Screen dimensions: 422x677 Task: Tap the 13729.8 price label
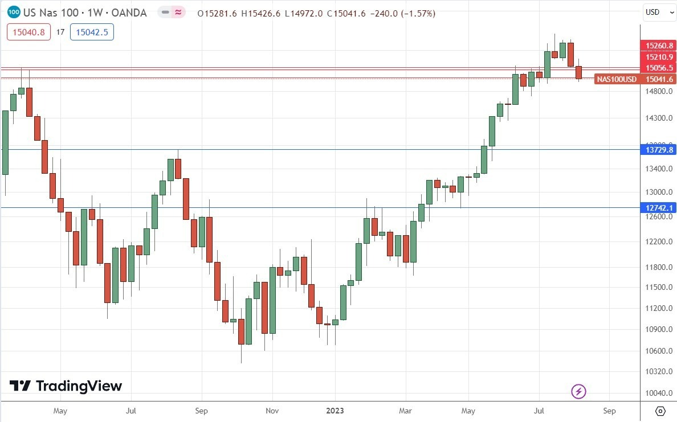tap(659, 150)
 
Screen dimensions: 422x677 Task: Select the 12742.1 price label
tap(659, 208)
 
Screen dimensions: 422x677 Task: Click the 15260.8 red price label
tap(659, 46)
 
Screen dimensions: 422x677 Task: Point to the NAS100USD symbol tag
tap(617, 79)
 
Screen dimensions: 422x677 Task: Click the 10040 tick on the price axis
tap(658, 393)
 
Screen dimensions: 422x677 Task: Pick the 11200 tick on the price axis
tap(658, 308)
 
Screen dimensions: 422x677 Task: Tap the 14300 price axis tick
tap(658, 118)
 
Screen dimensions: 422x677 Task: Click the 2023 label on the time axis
tap(335, 410)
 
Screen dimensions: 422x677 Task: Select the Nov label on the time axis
tap(272, 410)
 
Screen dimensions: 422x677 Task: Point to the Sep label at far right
tap(609, 410)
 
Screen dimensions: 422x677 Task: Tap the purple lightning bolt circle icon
tap(579, 391)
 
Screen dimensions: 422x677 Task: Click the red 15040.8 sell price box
tap(29, 32)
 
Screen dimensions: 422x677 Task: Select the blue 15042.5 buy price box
tap(92, 32)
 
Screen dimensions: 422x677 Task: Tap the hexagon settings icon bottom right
tap(660, 411)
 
